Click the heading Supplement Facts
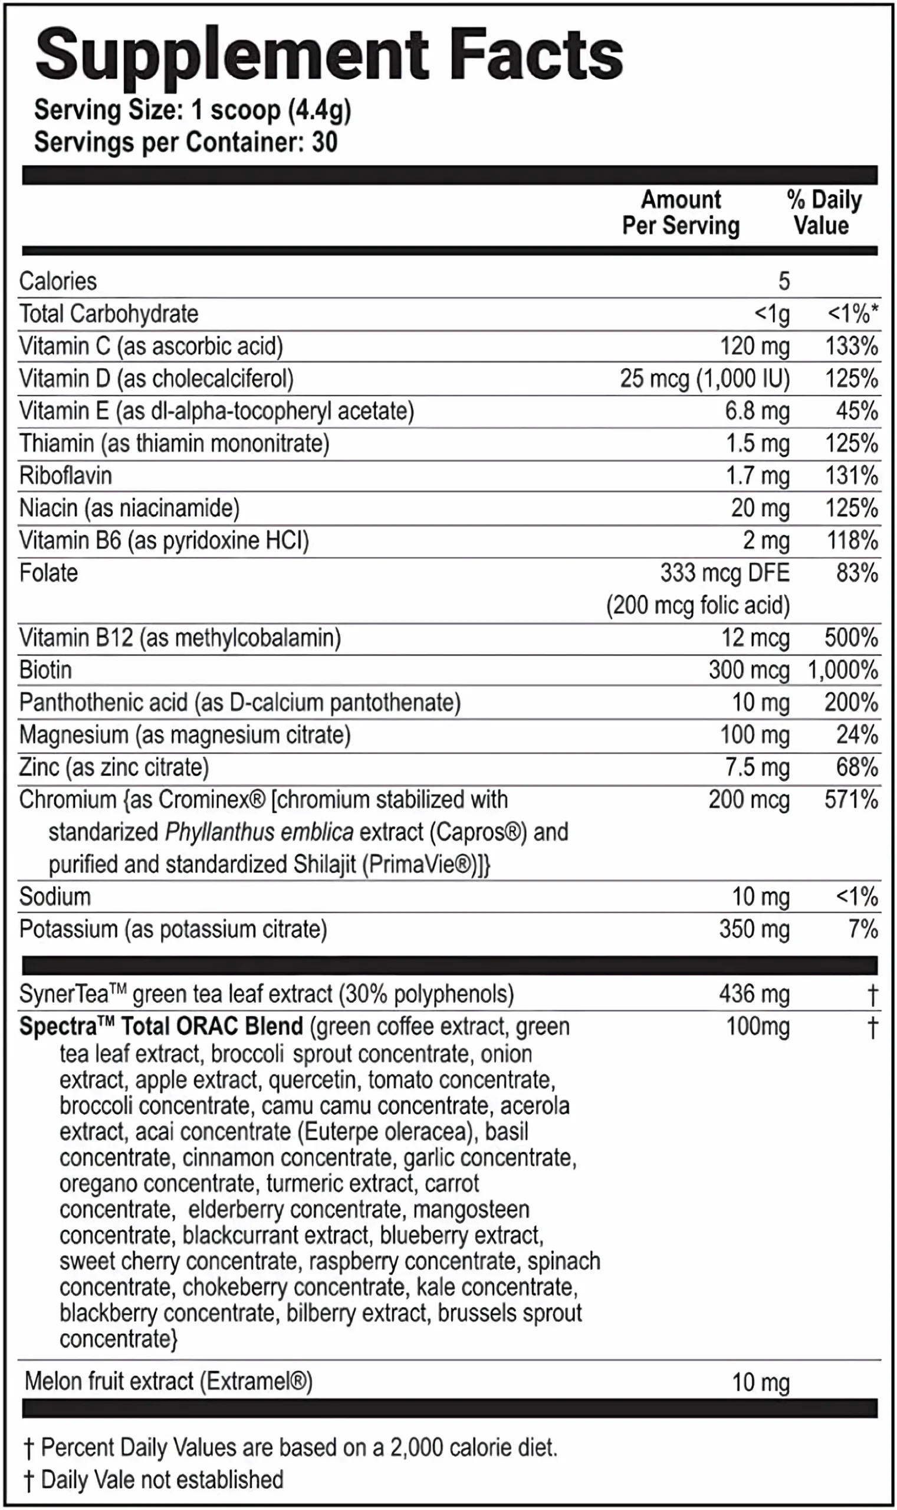[x=330, y=56]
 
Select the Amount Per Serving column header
[x=681, y=212]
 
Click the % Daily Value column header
[x=823, y=212]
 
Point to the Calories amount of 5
[x=783, y=281]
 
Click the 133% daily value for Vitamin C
[x=851, y=346]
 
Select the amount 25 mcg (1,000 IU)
[x=705, y=379]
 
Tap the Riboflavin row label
[x=66, y=476]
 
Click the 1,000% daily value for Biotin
[x=843, y=671]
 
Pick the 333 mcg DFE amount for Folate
[x=725, y=573]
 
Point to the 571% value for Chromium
[x=851, y=800]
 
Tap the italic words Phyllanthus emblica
[x=259, y=832]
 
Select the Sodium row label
[x=55, y=897]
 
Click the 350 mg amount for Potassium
[x=754, y=929]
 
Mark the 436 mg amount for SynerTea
[x=754, y=994]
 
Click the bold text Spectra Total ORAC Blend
[x=161, y=1026]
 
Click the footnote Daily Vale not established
[x=162, y=1480]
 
